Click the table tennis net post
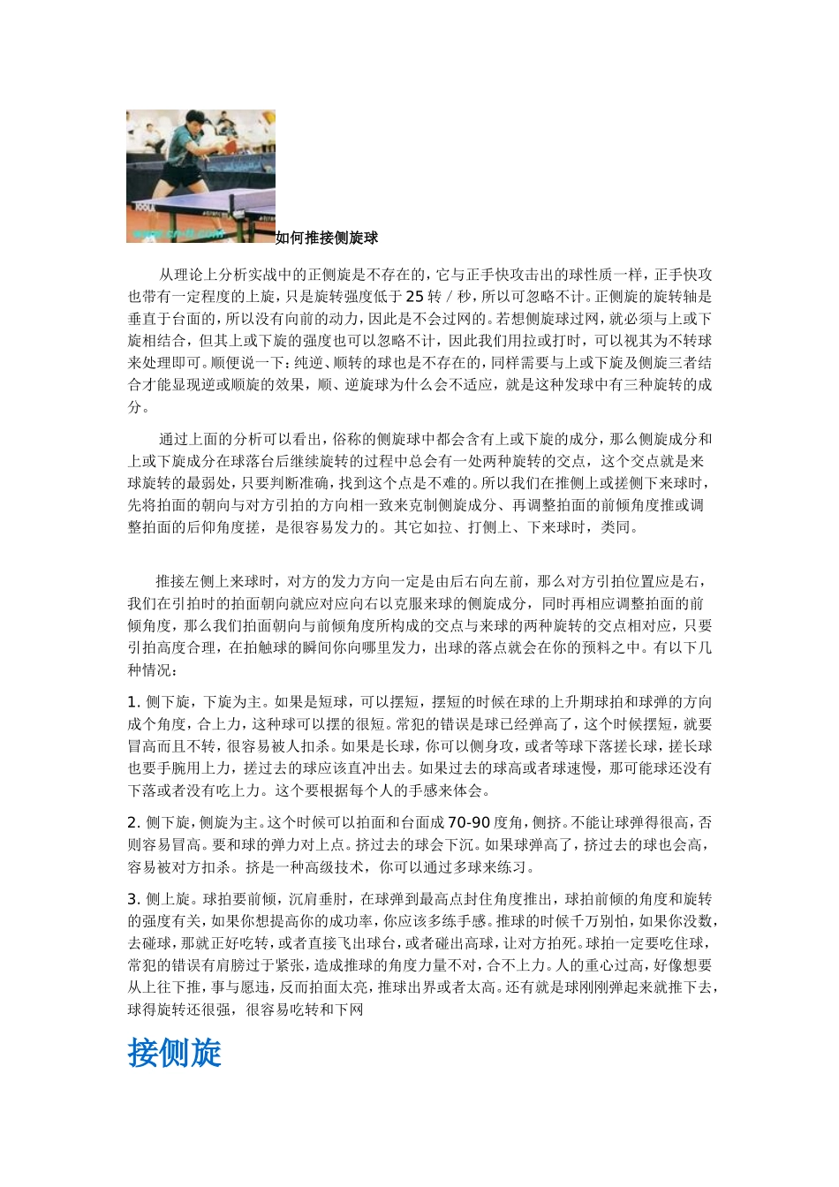231,210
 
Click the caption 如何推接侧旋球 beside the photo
327,238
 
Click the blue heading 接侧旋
174,1053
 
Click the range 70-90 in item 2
469,823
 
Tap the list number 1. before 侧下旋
134,702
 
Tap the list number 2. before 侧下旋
134,823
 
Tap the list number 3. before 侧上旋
134,899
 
